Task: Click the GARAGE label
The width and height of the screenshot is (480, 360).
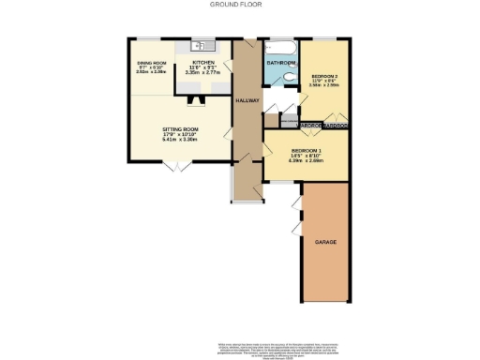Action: click(325, 242)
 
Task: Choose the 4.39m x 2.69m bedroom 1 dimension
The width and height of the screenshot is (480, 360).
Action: click(307, 161)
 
